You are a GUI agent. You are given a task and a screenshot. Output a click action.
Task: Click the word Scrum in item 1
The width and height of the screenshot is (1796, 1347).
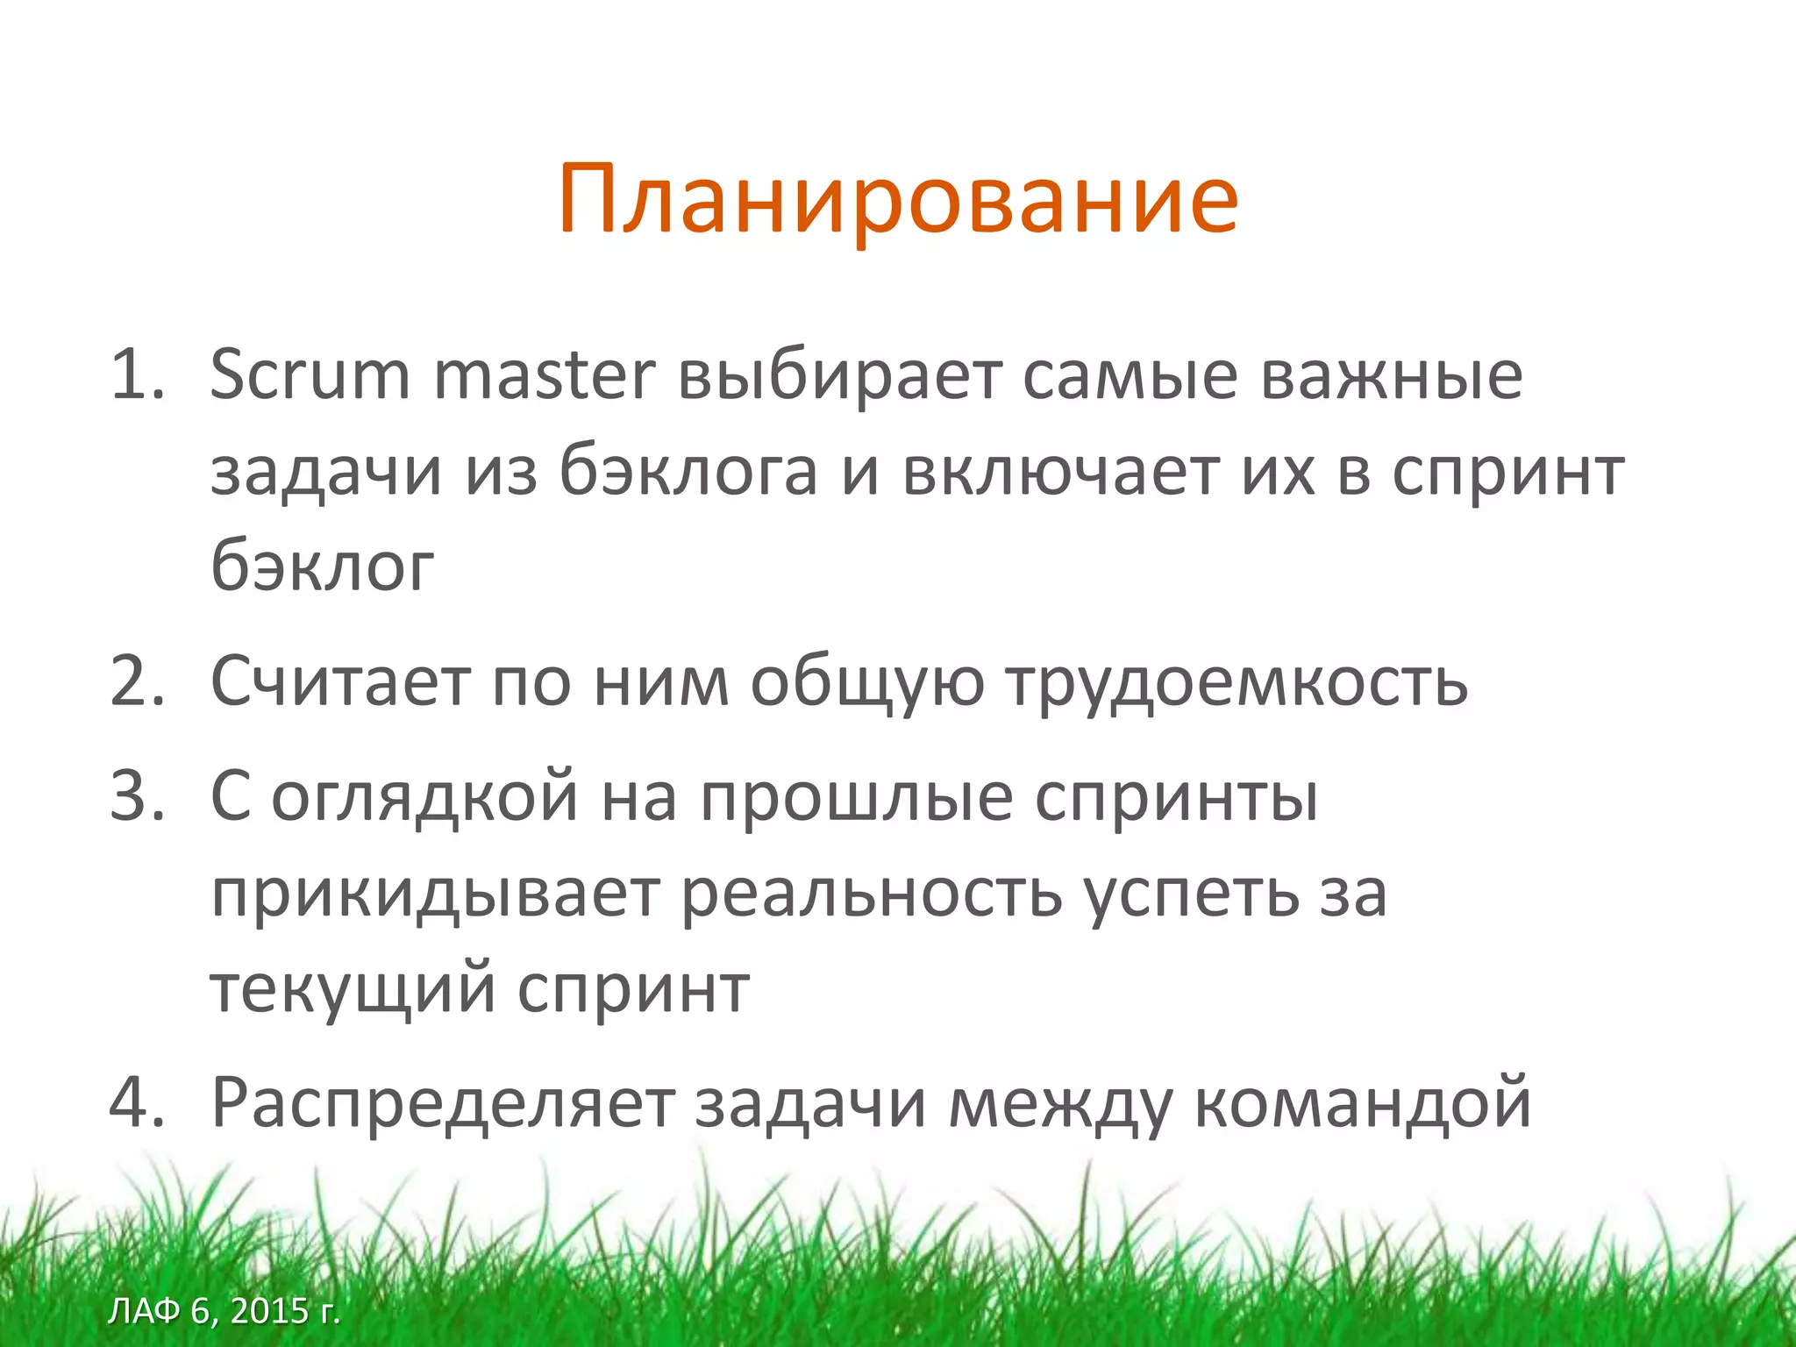310,375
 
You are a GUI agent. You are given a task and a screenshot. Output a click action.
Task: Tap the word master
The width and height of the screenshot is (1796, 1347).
544,375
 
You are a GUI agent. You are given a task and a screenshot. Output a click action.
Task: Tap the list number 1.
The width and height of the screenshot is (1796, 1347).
137,375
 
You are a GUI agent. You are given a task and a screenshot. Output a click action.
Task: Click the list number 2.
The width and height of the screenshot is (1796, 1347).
137,681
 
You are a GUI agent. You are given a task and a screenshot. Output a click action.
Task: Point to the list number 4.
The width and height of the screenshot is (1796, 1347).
137,1102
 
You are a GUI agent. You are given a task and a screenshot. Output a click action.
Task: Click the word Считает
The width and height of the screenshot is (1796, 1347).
340,681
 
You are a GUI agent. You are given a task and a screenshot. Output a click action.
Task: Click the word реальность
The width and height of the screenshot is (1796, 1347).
872,894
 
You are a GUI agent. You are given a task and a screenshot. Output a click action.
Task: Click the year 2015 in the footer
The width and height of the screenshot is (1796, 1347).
269,1311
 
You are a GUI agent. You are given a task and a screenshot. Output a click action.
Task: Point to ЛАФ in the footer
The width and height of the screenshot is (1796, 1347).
144,1311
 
